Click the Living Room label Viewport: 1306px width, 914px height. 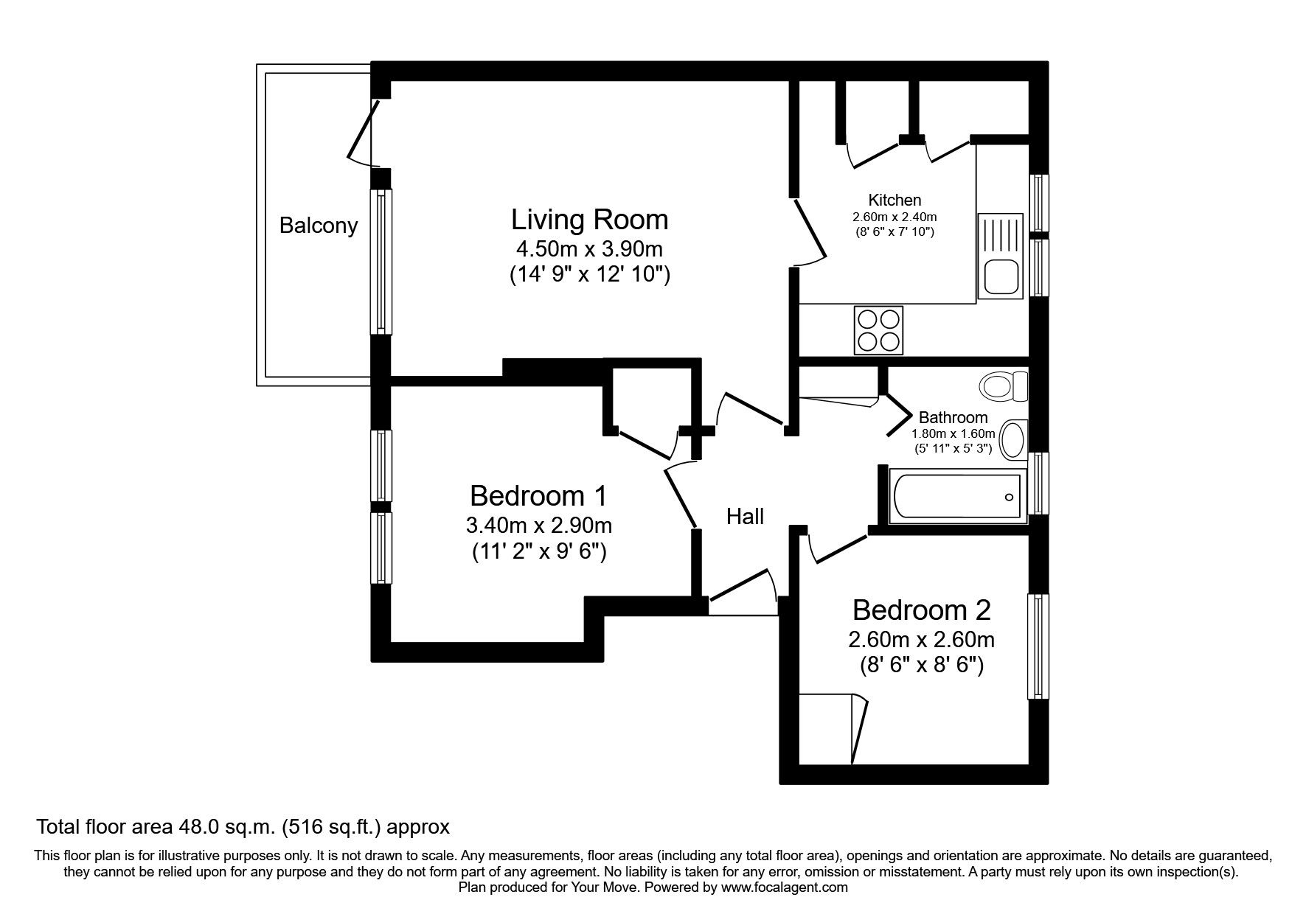[589, 220]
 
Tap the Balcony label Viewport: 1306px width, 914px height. [319, 225]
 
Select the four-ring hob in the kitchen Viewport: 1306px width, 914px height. [878, 330]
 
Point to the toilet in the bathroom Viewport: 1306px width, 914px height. [1004, 386]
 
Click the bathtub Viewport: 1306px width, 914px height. [956, 496]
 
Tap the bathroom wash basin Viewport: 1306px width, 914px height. [1015, 440]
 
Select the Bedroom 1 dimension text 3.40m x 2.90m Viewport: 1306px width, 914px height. [538, 526]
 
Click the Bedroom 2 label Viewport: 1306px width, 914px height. [921, 610]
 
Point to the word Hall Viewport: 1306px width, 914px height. [745, 517]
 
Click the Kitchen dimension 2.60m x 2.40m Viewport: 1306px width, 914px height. [895, 217]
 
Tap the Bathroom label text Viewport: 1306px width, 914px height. [953, 417]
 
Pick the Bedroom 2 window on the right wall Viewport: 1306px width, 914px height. [1038, 647]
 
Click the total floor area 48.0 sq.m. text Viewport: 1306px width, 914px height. [243, 827]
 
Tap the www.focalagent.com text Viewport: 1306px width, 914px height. [784, 887]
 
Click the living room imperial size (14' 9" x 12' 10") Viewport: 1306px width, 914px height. [589, 275]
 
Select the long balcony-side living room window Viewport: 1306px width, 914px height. [381, 262]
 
